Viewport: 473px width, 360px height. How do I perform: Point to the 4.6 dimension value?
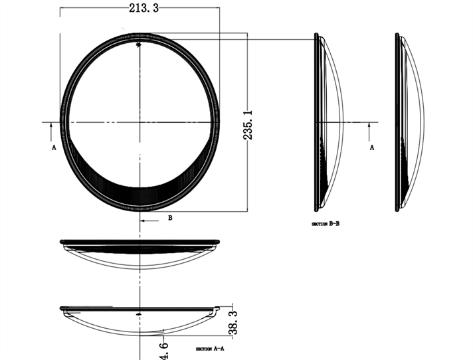164,350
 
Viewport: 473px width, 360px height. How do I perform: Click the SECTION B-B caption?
326,224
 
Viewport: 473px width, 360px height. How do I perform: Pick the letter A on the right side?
372,147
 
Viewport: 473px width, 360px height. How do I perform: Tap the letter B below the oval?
170,217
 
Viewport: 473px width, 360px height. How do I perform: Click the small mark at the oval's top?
138,45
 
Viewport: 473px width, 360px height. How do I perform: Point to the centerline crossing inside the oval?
140,122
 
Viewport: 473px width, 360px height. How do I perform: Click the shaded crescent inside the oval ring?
140,189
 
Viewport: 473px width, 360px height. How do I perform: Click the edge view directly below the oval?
140,252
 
